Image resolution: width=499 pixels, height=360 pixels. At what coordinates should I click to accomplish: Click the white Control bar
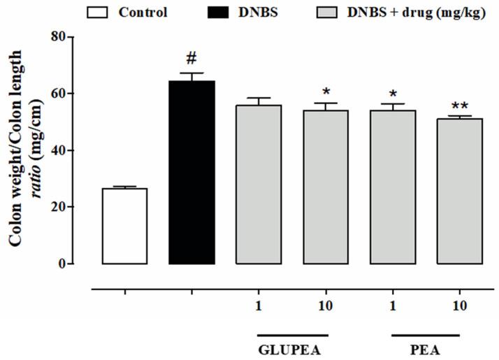tap(124, 226)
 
